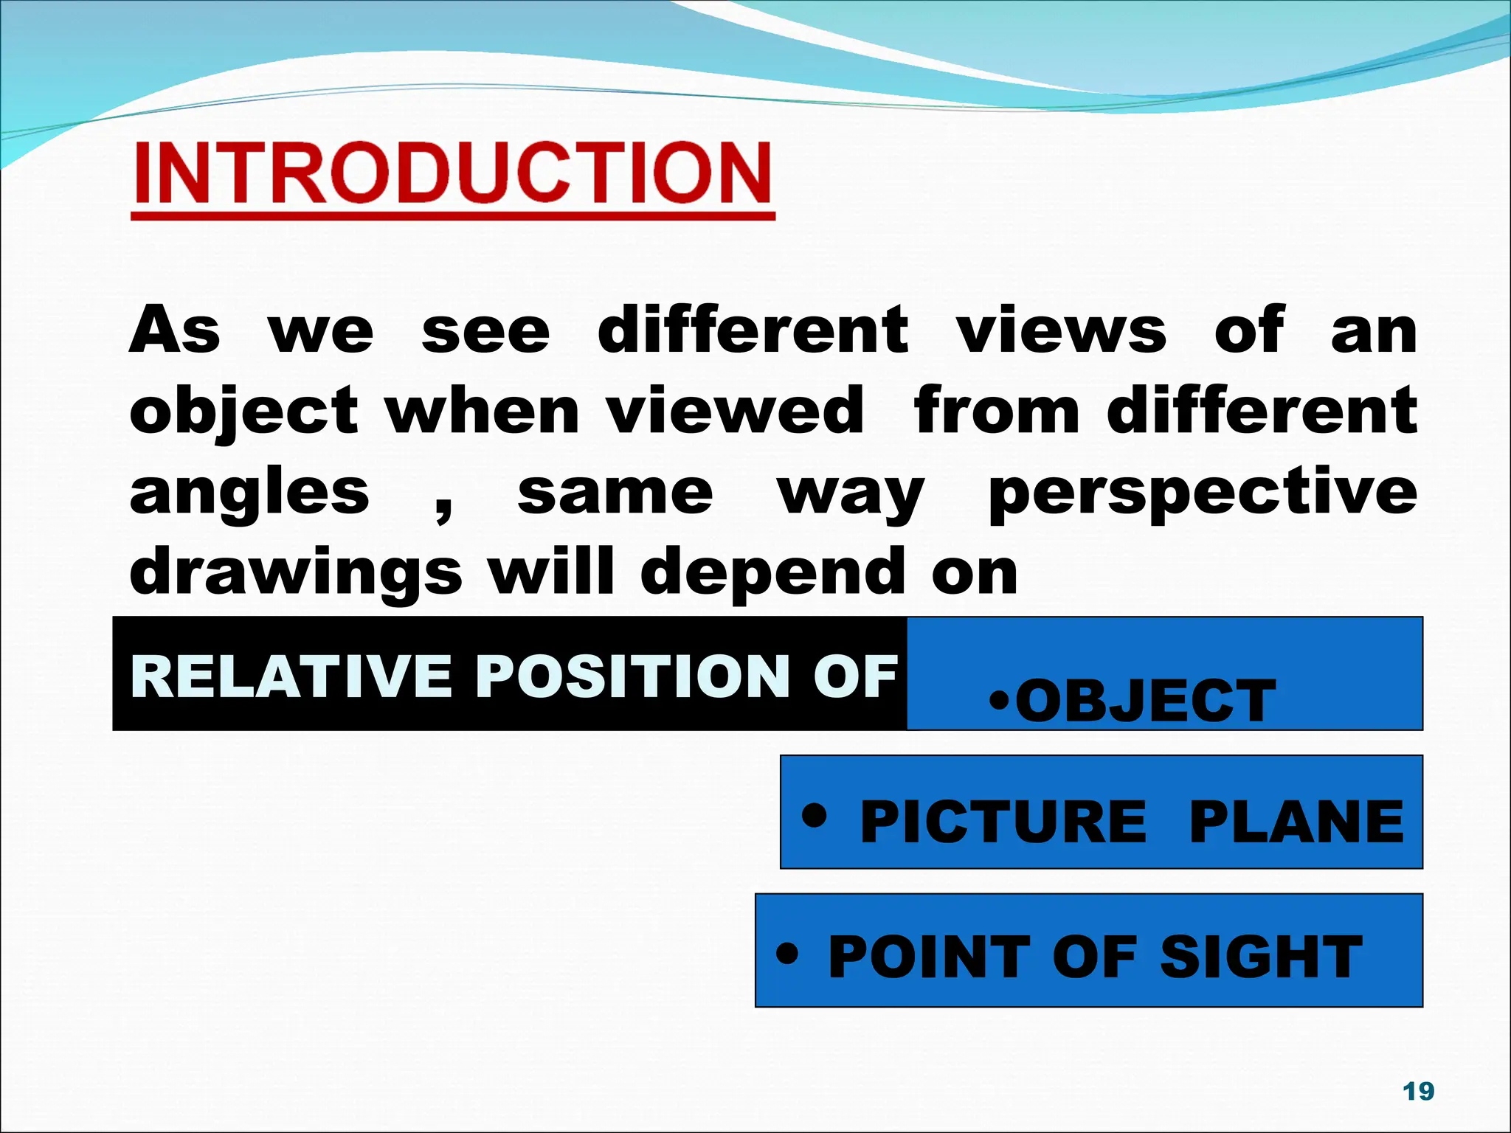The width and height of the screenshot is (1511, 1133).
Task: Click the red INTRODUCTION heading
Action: pos(452,174)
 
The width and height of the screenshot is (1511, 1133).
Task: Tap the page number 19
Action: pos(1418,1091)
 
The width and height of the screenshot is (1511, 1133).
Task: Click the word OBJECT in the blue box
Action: pos(1145,701)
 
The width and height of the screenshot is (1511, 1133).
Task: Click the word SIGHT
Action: pos(1261,957)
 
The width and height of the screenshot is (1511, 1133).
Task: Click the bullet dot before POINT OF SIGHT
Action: pos(787,953)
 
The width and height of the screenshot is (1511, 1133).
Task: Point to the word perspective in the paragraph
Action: pos(1203,493)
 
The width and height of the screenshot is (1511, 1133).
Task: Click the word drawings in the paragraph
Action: pos(296,574)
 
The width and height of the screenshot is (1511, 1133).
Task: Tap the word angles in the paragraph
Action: pos(249,494)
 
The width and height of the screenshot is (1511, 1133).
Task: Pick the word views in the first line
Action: pos(1062,330)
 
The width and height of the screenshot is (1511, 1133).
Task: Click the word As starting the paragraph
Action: pos(175,330)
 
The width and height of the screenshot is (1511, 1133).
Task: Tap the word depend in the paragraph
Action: pos(772,574)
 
